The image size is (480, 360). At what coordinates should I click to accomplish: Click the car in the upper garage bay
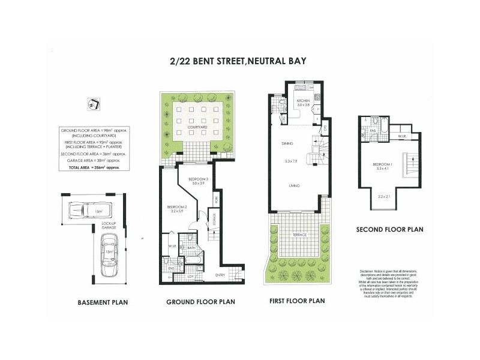pyautogui.click(x=81, y=211)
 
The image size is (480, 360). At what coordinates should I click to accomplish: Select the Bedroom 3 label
pyautogui.click(x=197, y=180)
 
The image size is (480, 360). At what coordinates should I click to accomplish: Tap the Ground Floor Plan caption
pyautogui.click(x=200, y=302)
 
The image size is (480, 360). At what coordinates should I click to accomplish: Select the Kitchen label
pyautogui.click(x=304, y=100)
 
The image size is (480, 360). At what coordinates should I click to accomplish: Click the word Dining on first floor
pyautogui.click(x=287, y=144)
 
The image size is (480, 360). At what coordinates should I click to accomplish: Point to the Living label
pyautogui.click(x=294, y=186)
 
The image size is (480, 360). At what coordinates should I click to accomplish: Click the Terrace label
pyautogui.click(x=299, y=235)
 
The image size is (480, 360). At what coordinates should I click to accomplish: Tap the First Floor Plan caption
pyautogui.click(x=296, y=301)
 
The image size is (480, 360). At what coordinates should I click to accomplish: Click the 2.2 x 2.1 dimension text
pyautogui.click(x=385, y=197)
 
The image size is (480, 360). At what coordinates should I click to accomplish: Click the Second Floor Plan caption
pyautogui.click(x=390, y=229)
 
